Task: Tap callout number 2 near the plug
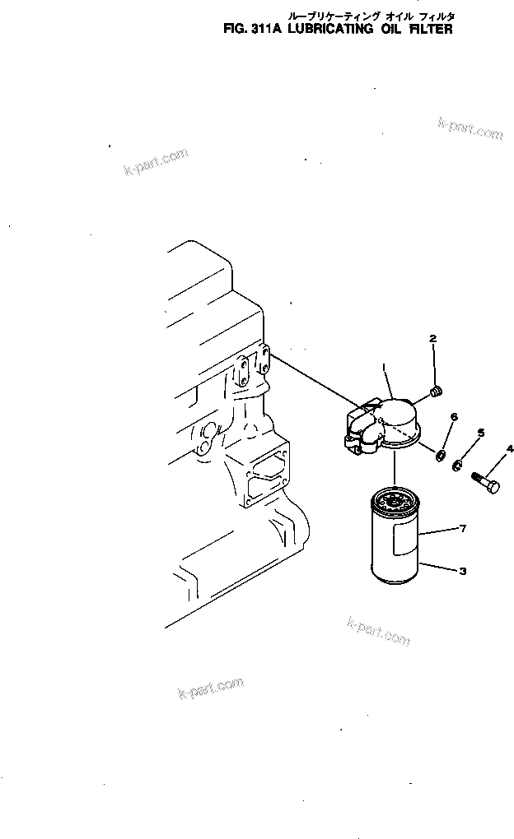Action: [432, 338]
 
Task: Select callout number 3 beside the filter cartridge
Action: [463, 571]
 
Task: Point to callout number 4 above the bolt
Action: [509, 448]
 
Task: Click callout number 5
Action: [481, 433]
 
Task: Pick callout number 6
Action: [453, 418]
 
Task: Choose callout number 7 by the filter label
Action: [463, 528]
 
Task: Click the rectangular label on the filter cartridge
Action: [406, 541]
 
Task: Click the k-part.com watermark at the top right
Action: [470, 127]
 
